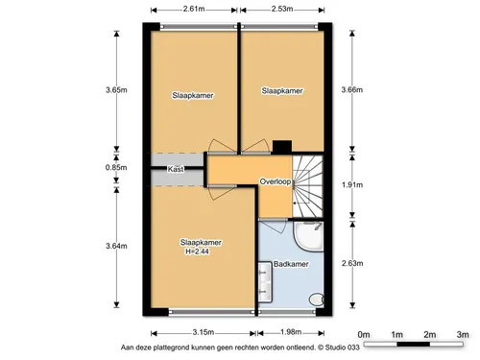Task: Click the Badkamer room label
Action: [291, 264]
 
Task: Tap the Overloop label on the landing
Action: [276, 181]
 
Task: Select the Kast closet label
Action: [176, 169]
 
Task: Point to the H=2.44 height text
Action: [197, 252]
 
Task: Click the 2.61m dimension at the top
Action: [194, 9]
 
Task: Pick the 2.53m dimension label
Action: [282, 9]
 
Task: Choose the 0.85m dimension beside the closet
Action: [116, 167]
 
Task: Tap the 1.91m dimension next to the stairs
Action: [352, 184]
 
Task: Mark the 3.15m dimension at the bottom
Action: [204, 332]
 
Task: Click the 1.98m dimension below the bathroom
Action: [291, 332]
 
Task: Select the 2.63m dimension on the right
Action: [352, 263]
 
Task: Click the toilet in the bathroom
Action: [317, 300]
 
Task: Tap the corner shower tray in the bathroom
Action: [309, 236]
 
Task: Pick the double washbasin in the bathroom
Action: [265, 282]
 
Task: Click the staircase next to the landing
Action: [307, 186]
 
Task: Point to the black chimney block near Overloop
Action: [282, 147]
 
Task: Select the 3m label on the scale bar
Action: [463, 335]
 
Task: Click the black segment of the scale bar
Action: [414, 345]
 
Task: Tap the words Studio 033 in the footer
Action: [343, 348]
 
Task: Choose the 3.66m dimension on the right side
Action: [352, 89]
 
